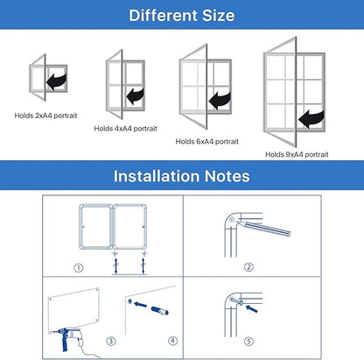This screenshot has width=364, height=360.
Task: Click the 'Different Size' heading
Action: tap(181, 15)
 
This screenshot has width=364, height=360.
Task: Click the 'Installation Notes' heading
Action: tap(181, 176)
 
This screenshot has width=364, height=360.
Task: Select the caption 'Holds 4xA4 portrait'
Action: tap(125, 128)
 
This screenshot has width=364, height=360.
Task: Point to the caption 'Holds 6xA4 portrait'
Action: tap(206, 140)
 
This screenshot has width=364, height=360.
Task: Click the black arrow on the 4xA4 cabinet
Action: tap(135, 94)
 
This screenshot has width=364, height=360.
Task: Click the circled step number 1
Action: tap(78, 267)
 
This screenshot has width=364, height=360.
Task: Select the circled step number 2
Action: tap(248, 267)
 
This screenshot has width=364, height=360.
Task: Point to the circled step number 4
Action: tap(171, 340)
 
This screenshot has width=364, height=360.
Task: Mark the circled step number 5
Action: tap(248, 342)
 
